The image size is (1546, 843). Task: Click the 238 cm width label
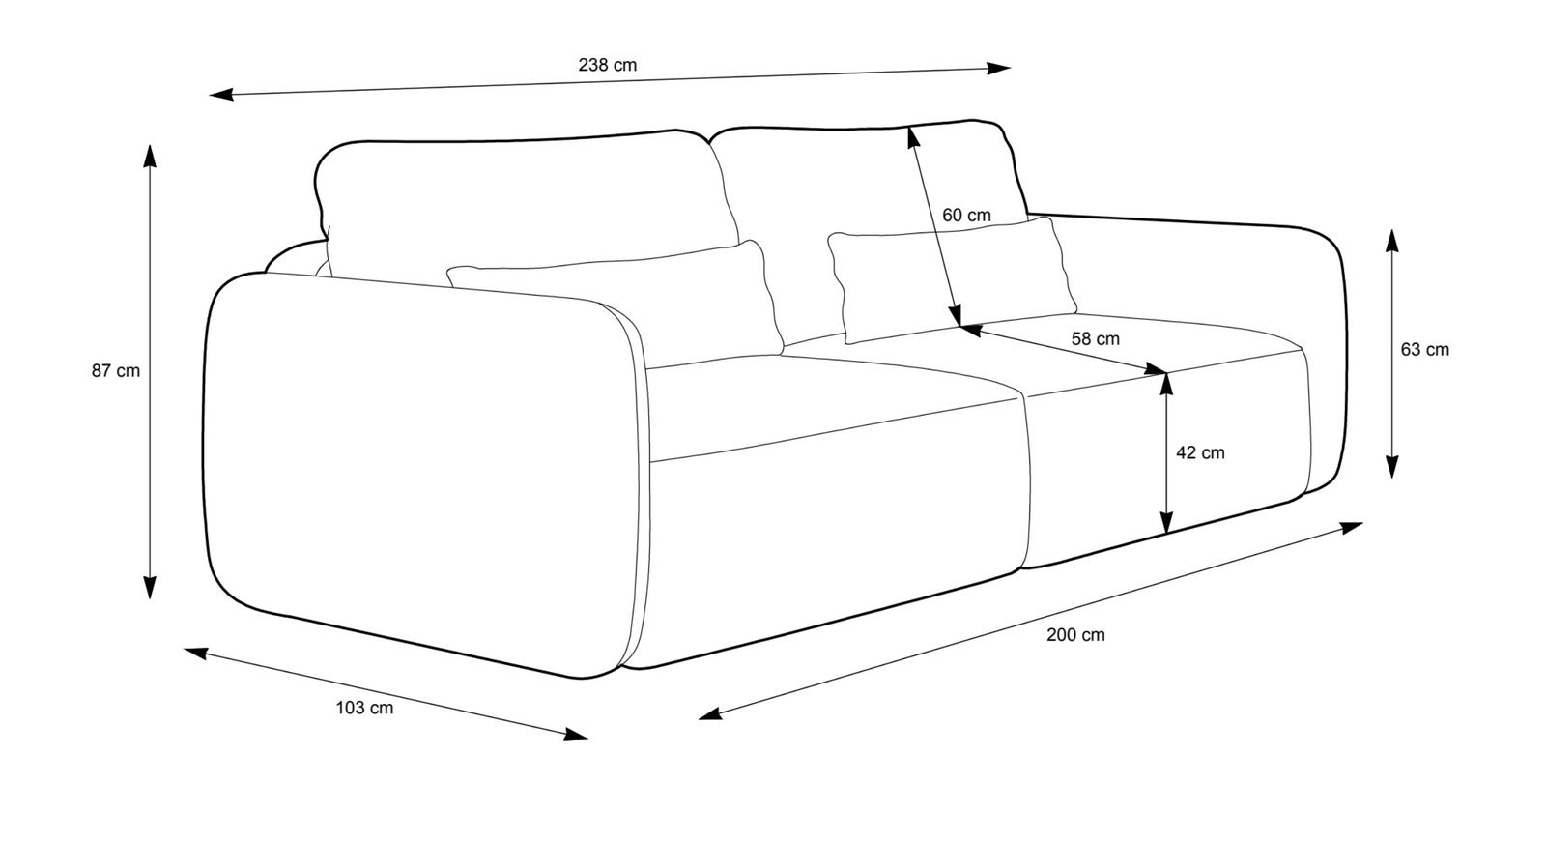click(x=607, y=66)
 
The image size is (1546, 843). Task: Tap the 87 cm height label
click(x=116, y=370)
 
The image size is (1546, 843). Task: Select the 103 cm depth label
click(x=364, y=708)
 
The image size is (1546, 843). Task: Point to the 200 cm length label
click(x=1075, y=635)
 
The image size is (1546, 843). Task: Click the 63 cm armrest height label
click(x=1424, y=350)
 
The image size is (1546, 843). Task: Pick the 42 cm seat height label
click(x=1200, y=452)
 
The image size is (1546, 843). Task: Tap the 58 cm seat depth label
click(x=1096, y=339)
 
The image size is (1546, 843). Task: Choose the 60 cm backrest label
click(x=966, y=215)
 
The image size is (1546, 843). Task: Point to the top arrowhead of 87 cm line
click(x=150, y=155)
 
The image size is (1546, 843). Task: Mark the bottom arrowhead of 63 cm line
click(x=1391, y=469)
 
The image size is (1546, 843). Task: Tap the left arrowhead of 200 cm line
click(x=708, y=715)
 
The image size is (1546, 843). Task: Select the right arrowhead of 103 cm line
click(x=577, y=735)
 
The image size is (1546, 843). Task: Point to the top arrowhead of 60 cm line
click(x=911, y=138)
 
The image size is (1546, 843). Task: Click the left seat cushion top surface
click(x=831, y=406)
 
